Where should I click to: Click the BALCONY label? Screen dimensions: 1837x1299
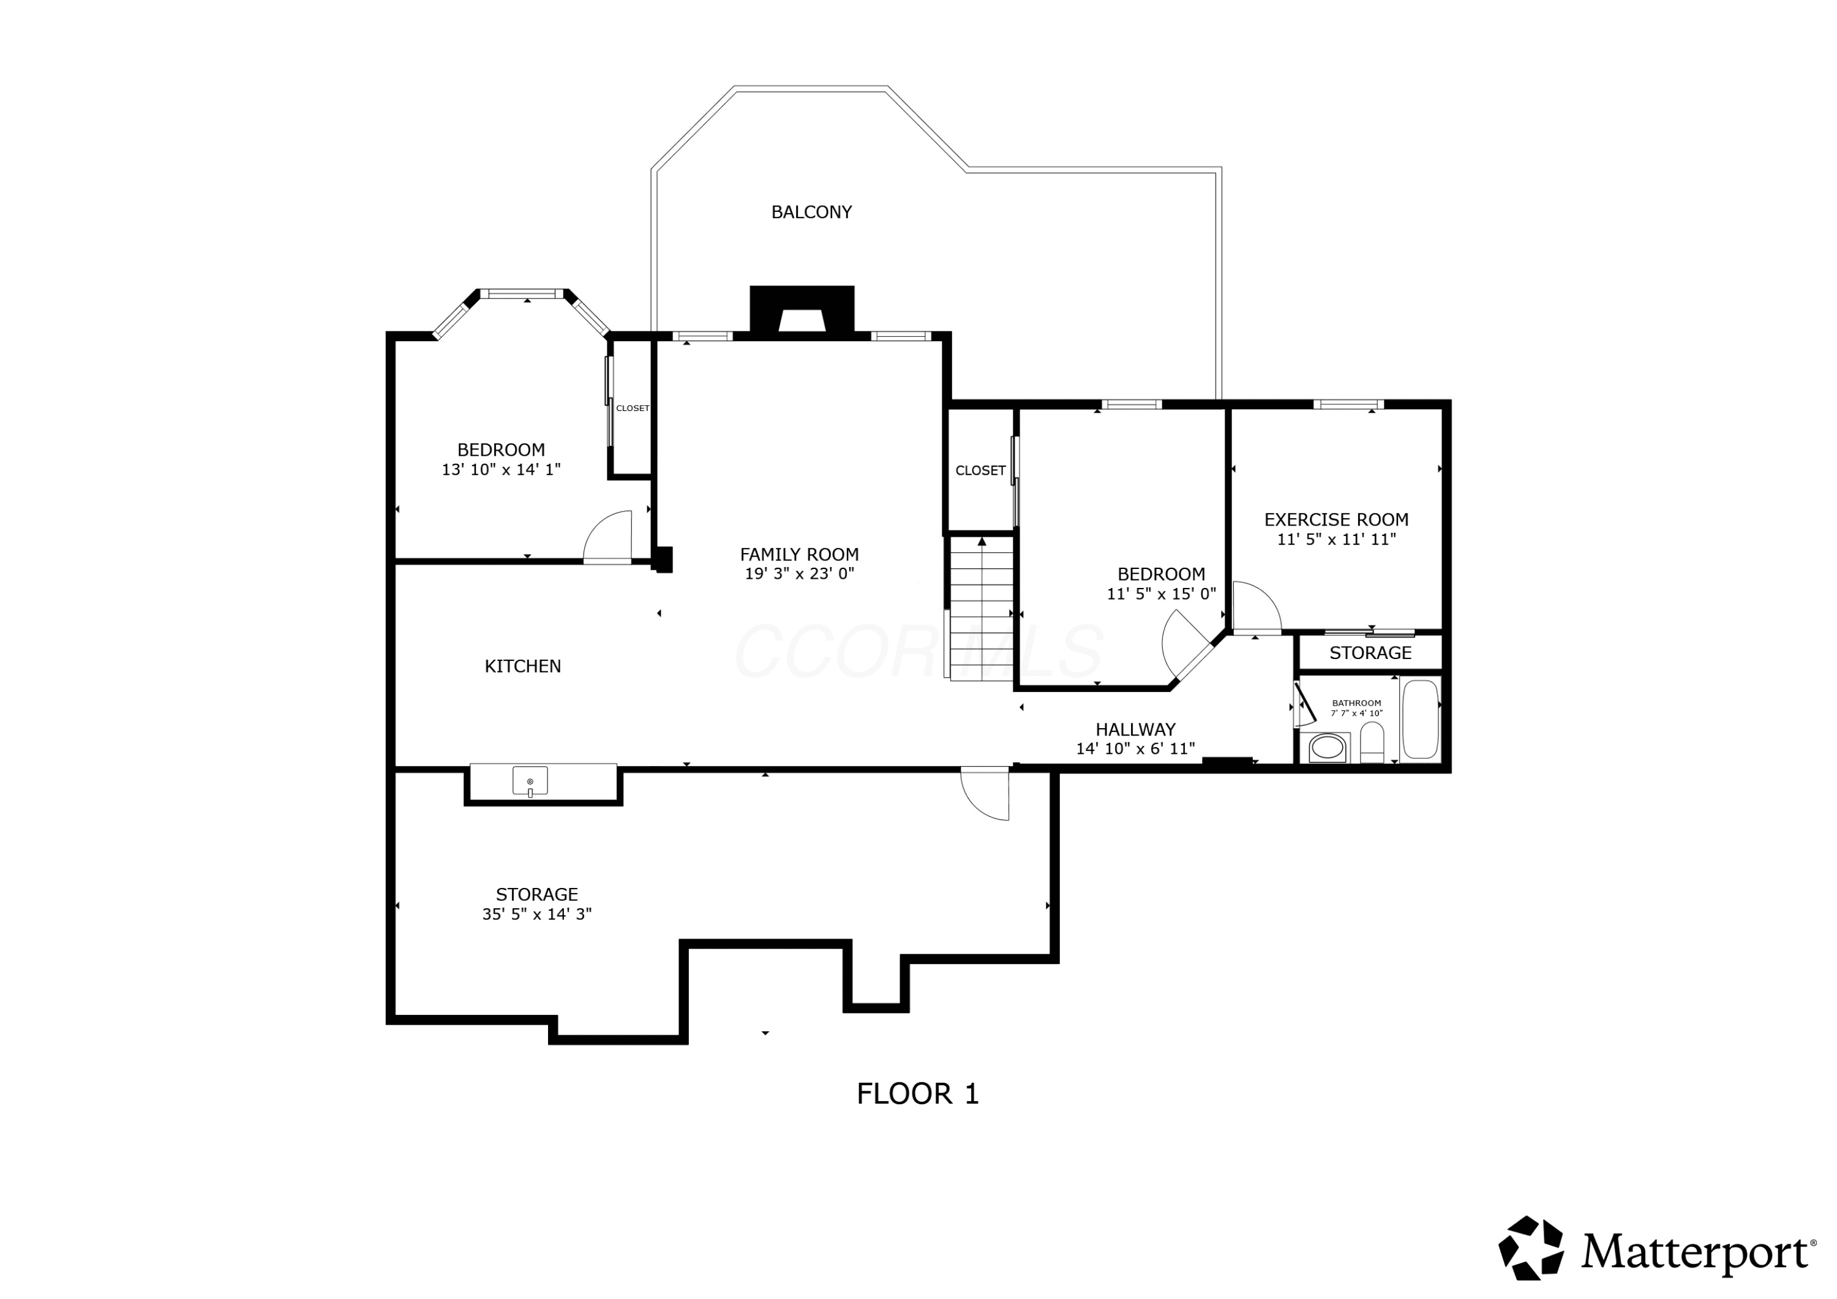[811, 212]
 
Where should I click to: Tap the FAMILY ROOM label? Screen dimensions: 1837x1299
[799, 554]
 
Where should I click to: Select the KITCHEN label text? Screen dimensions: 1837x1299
[522, 666]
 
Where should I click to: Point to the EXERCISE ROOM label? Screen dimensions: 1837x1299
[1336, 519]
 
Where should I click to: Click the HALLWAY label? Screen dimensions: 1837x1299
[1135, 729]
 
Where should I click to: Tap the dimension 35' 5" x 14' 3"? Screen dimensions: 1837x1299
[537, 914]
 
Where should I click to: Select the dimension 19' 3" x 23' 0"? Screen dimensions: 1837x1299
[799, 573]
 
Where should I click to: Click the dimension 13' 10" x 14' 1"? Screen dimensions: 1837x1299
[501, 469]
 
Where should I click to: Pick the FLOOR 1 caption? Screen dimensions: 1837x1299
[918, 1093]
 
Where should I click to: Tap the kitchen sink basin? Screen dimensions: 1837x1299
[530, 780]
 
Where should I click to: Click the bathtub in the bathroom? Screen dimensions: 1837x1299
[1420, 719]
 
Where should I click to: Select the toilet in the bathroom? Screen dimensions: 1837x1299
[1372, 743]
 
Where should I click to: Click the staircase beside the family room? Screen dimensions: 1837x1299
[982, 608]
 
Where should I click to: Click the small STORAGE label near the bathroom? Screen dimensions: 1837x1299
[1370, 652]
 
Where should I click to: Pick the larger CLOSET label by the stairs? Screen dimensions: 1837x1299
[980, 470]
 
